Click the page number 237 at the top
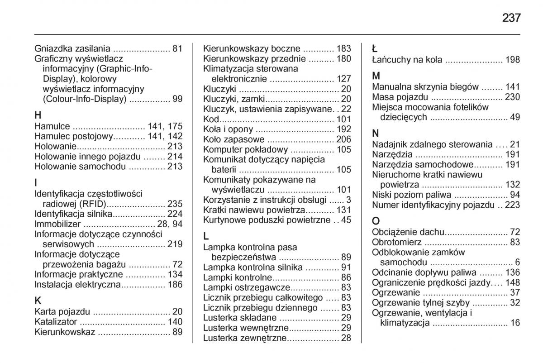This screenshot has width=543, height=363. click(511, 18)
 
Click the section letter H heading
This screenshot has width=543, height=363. click(38, 115)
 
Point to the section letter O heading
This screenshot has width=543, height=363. click(376, 222)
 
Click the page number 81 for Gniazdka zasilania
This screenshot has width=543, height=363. click(177, 48)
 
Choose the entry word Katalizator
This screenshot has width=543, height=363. click(56, 322)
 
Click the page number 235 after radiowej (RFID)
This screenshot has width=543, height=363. click(175, 204)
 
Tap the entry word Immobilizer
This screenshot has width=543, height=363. click(58, 224)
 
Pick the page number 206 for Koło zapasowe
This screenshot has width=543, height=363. click(343, 139)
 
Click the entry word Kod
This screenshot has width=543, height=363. click(211, 119)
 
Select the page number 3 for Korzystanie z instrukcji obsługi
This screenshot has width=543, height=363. click(348, 200)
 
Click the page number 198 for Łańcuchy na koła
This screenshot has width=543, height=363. click(513, 60)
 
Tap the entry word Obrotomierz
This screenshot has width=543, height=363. click(397, 242)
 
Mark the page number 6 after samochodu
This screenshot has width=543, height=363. click(517, 263)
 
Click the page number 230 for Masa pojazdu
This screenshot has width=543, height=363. click(513, 97)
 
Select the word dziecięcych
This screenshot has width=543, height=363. click(404, 117)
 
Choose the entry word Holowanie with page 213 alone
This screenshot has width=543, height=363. click(55, 146)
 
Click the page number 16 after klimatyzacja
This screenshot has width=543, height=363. click(515, 323)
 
